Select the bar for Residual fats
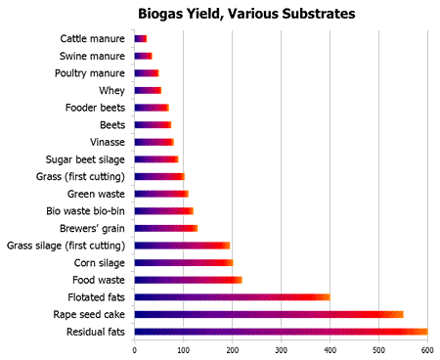[281, 332]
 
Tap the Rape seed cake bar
[269, 314]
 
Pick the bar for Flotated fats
[232, 296]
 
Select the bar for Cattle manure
[141, 39]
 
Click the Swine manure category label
[92, 56]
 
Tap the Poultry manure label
[90, 73]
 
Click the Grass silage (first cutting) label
[66, 245]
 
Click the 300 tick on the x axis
[281, 348]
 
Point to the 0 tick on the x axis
[135, 348]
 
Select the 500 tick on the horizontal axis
[378, 348]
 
